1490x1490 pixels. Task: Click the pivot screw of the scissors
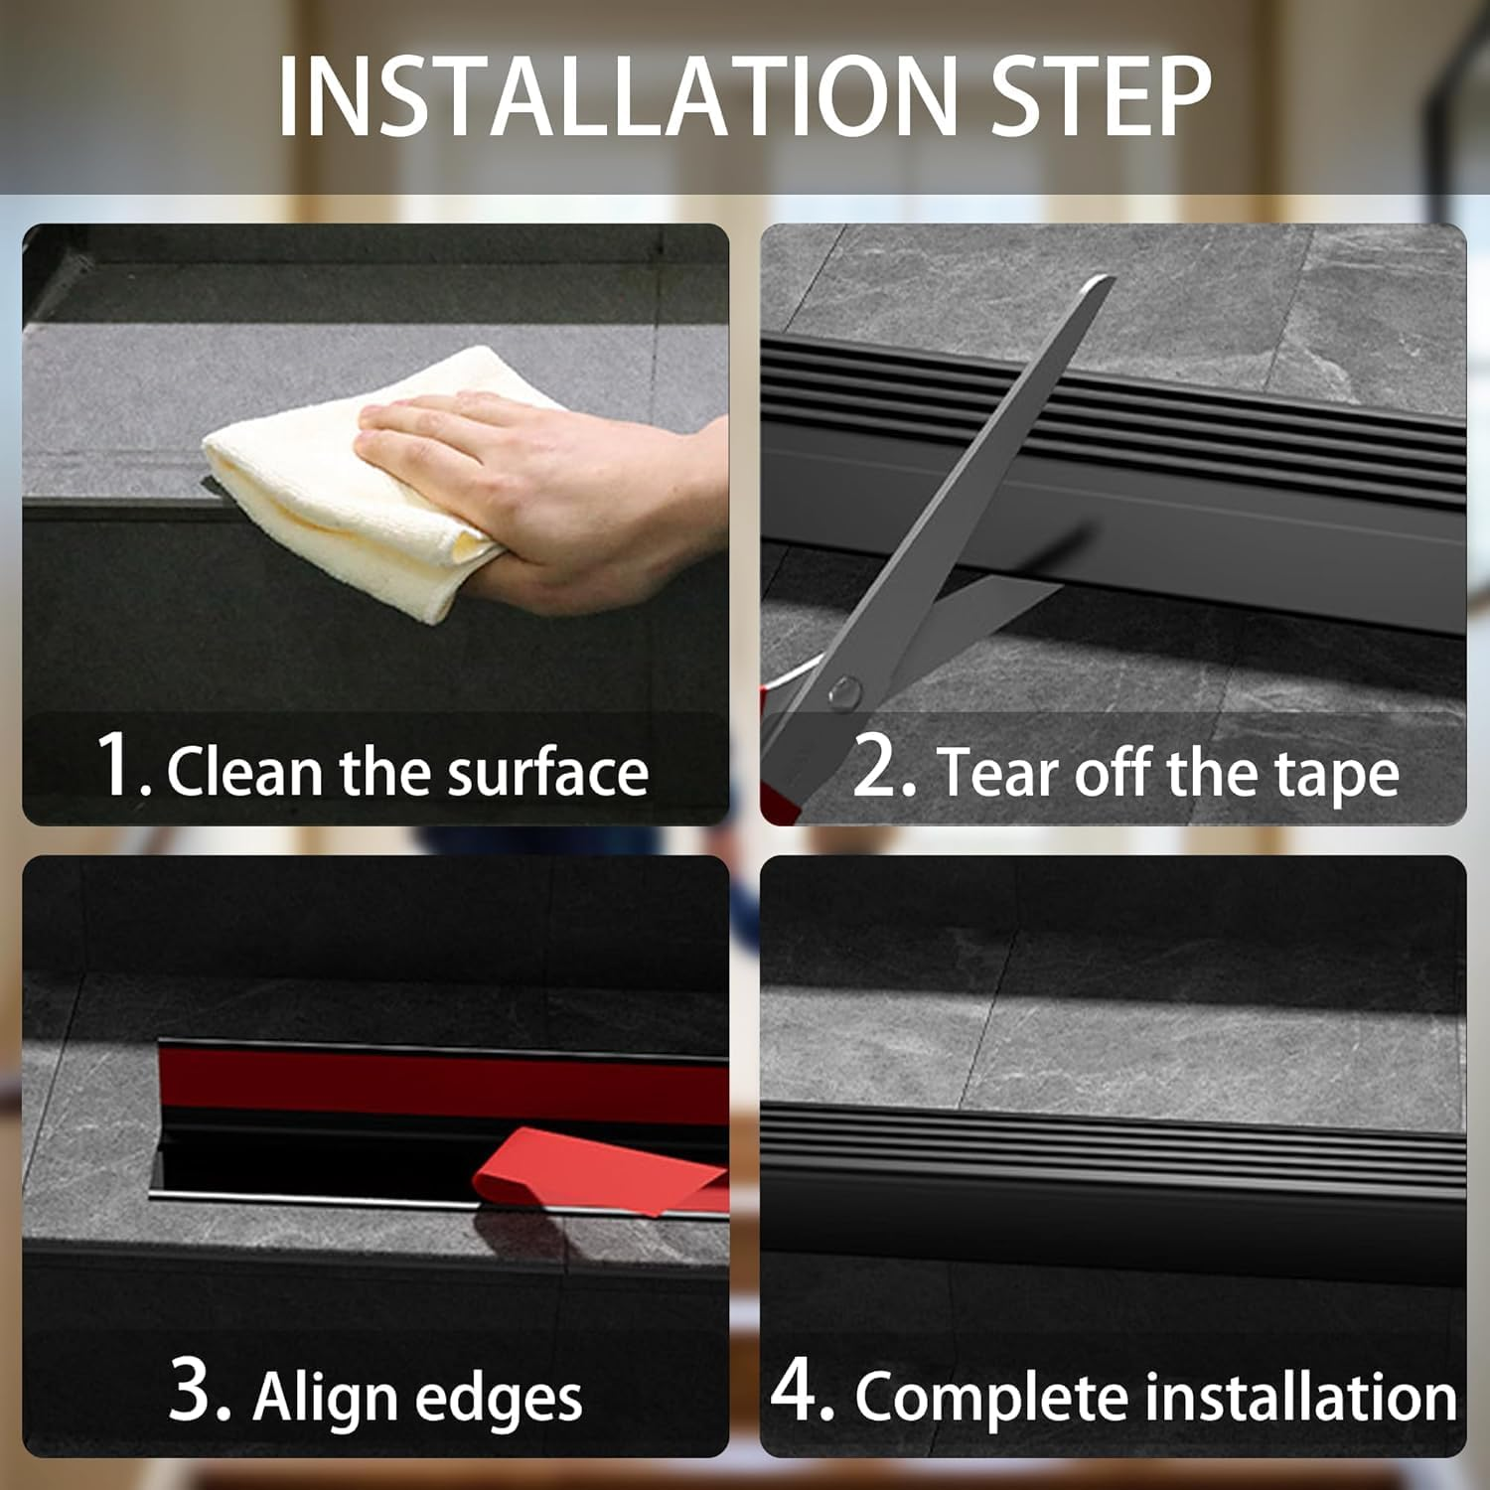(845, 688)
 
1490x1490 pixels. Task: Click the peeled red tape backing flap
(596, 1172)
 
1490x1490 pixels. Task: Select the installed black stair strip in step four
(1113, 1172)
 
